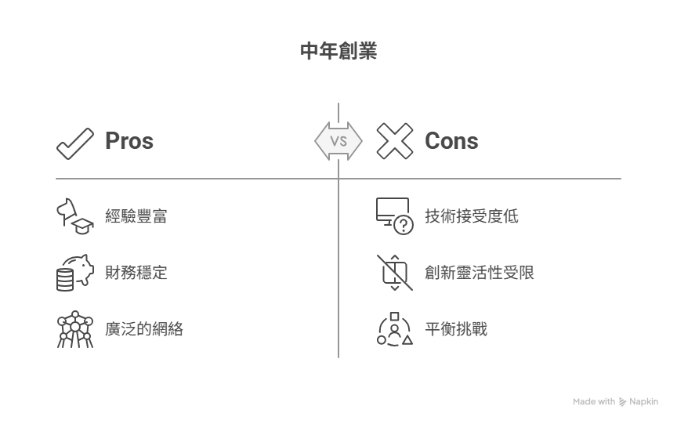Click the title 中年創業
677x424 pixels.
click(x=338, y=51)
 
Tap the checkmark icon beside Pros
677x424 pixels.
click(x=74, y=143)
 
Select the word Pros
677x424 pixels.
click(x=129, y=141)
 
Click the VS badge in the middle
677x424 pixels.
click(x=338, y=141)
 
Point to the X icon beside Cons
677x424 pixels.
click(x=395, y=141)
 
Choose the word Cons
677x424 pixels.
click(x=451, y=141)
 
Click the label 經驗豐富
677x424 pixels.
click(x=136, y=216)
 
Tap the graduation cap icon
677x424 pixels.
click(x=82, y=226)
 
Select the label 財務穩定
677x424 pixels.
click(x=136, y=273)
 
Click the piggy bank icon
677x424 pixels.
click(x=81, y=268)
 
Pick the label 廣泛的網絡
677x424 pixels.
click(x=143, y=329)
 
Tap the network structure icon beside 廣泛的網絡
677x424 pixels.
click(x=75, y=329)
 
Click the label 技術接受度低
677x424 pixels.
click(x=472, y=216)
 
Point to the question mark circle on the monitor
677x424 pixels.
click(x=404, y=225)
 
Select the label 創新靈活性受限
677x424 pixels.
click(x=480, y=273)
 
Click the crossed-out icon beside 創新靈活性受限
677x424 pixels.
click(x=395, y=273)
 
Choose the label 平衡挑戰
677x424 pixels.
click(x=456, y=329)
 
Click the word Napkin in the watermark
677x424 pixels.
click(x=644, y=401)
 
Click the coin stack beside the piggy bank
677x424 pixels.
click(x=65, y=280)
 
